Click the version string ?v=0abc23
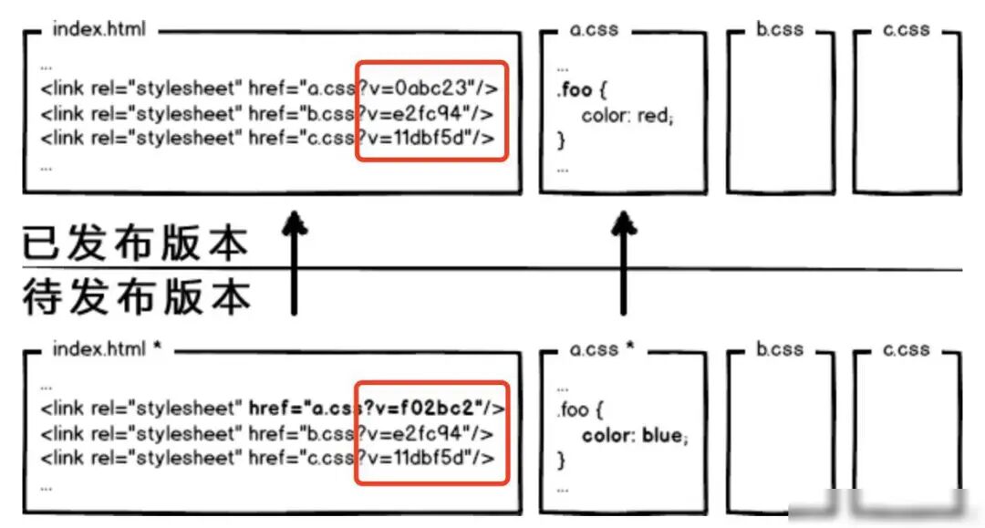[x=415, y=88]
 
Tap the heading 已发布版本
[x=136, y=243]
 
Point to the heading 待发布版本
[x=136, y=297]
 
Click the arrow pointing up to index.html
[x=294, y=264]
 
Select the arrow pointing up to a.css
[x=624, y=264]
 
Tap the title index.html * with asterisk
[x=108, y=349]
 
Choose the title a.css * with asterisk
[x=602, y=349]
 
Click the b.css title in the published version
[x=780, y=29]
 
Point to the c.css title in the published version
[x=907, y=29]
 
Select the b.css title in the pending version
[x=780, y=349]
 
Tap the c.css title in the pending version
[x=907, y=349]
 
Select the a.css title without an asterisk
[x=594, y=29]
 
